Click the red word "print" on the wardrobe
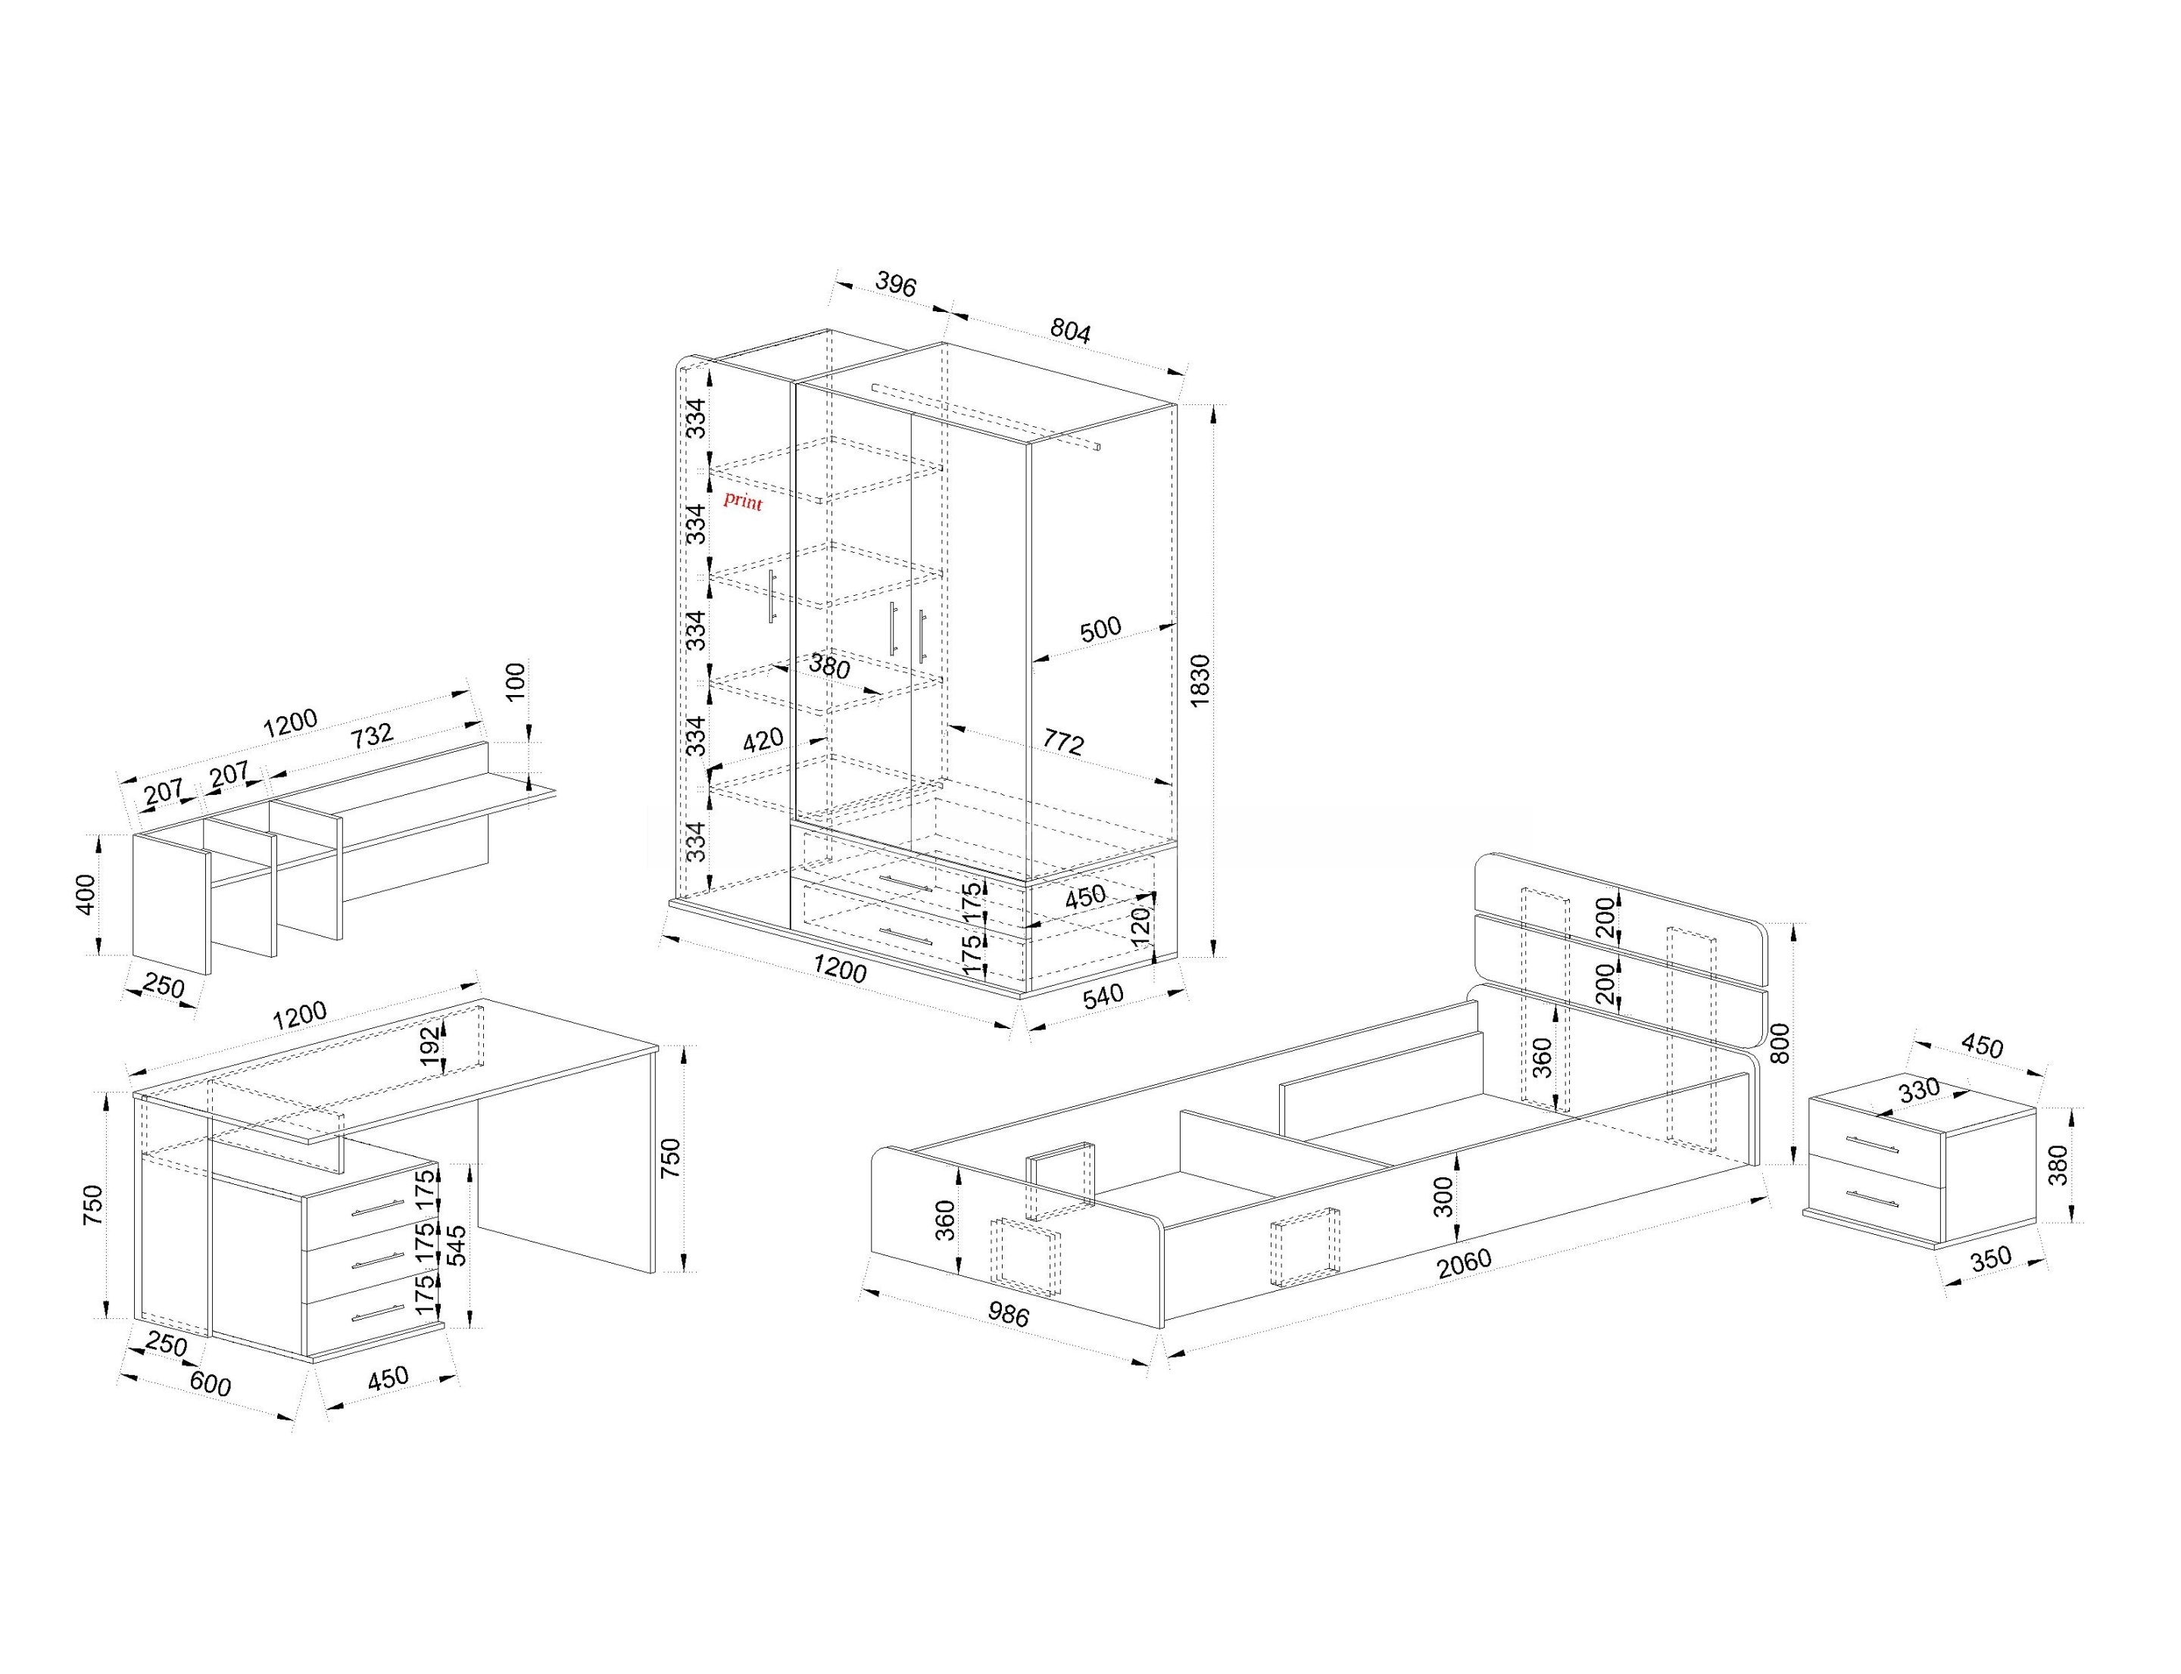pos(743,500)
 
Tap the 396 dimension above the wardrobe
pos(895,284)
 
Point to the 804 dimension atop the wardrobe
pos(1071,330)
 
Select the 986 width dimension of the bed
pos(1008,1314)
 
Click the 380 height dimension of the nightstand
pos(2058,1164)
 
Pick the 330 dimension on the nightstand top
pos(1919,1089)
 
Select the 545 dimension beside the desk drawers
pos(457,1245)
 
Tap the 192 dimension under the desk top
pos(429,1046)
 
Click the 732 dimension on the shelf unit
pos(373,735)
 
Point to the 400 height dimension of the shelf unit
pos(87,894)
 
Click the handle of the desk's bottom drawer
pos(377,1314)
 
